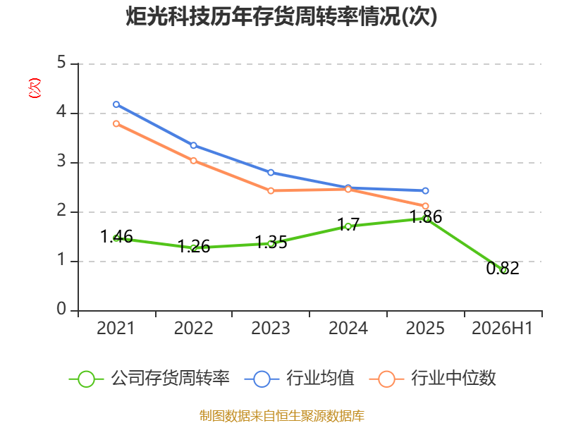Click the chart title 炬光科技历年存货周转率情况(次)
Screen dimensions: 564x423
point(281,16)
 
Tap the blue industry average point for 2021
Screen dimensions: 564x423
point(116,104)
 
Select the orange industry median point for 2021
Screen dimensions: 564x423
point(116,124)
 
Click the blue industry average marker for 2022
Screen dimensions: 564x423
point(193,145)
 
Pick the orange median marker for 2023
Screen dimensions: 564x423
point(271,190)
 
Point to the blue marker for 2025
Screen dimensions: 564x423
point(425,190)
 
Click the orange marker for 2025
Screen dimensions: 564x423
point(425,206)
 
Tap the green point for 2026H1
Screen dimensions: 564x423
point(503,270)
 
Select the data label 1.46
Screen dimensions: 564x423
point(116,236)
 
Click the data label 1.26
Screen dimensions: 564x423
point(194,246)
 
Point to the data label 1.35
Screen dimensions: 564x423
point(271,242)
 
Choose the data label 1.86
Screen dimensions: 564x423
point(426,217)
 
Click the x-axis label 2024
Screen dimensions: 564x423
point(348,329)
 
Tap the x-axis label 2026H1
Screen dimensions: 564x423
point(502,329)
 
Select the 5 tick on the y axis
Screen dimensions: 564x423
point(61,62)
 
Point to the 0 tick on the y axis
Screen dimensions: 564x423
point(61,309)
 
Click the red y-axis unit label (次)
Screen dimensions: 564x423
point(35,88)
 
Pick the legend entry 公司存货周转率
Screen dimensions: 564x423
point(149,379)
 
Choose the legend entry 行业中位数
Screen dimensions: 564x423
point(433,379)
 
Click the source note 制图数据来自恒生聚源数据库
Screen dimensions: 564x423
point(282,416)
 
